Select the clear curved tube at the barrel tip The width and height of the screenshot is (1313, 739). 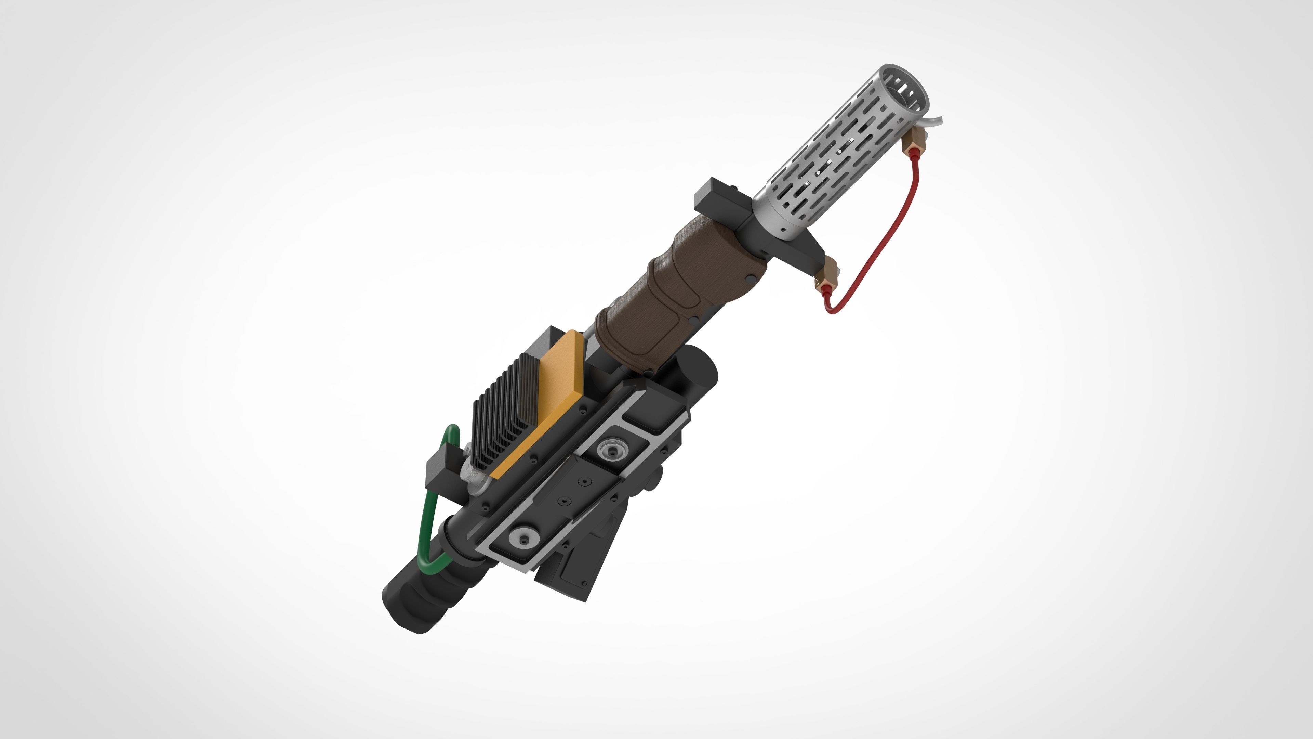click(934, 122)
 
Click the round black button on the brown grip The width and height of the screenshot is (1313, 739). click(751, 277)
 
